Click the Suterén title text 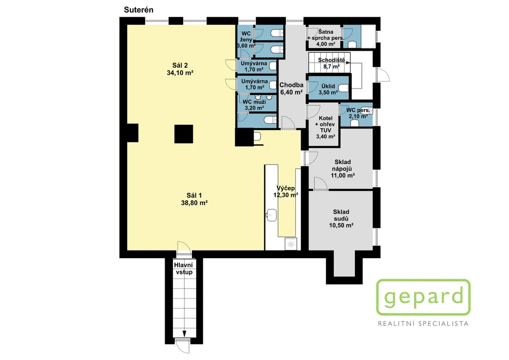click(139, 10)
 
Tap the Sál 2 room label click(180, 65)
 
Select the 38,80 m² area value click(194, 203)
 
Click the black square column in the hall click(184, 134)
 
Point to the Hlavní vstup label click(184, 269)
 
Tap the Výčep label click(286, 188)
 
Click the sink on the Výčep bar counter click(271, 215)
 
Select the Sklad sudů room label click(341, 215)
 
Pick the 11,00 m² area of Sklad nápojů click(342, 176)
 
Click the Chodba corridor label click(291, 85)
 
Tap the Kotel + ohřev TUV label click(325, 124)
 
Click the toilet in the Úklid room click(343, 88)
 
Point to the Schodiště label click(332, 60)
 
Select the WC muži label click(254, 102)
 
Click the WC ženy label click(246, 36)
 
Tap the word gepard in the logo click(424, 296)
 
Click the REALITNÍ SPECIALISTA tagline click(424, 324)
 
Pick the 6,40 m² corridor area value click(291, 92)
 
